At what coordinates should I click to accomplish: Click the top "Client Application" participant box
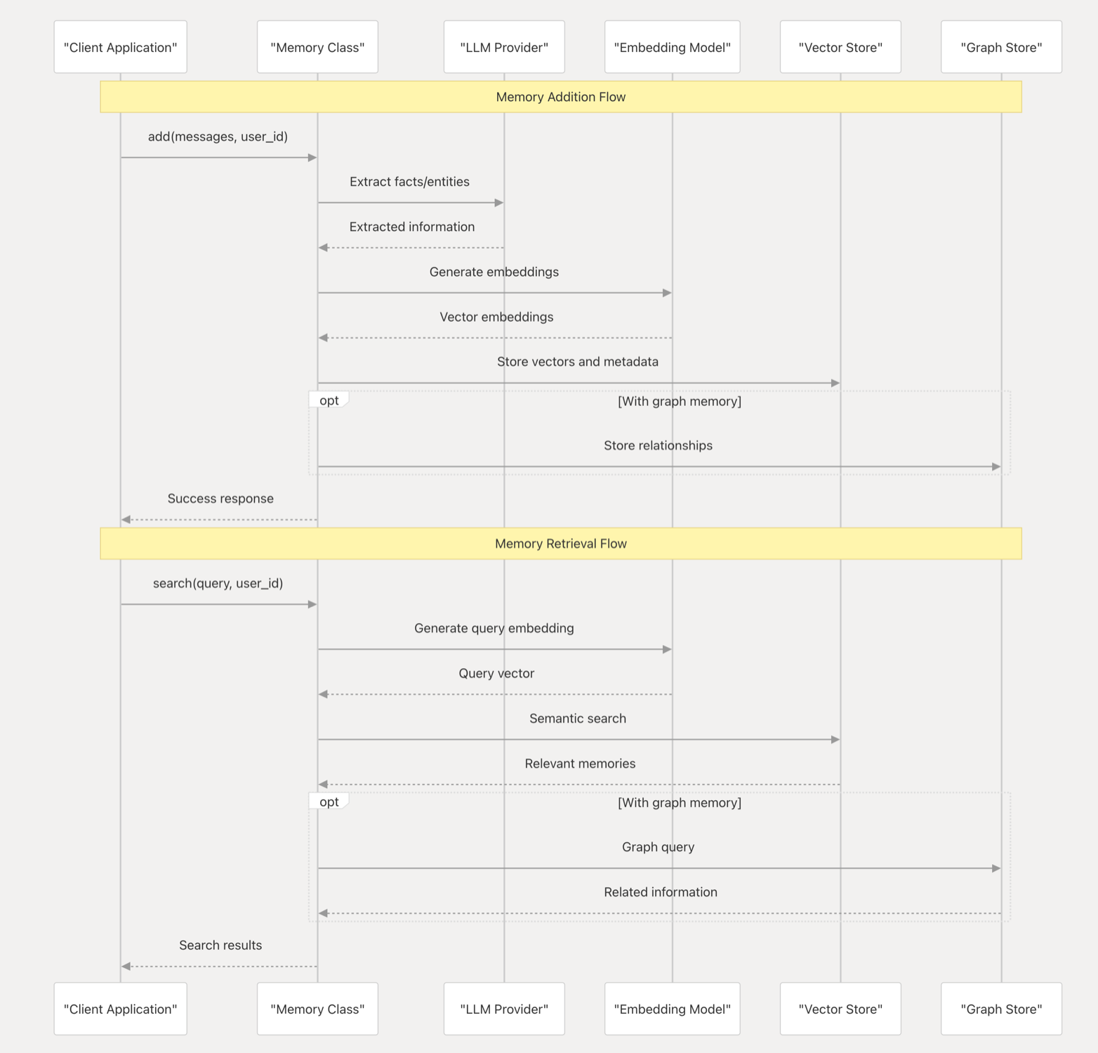[120, 47]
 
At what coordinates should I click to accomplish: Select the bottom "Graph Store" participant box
[1001, 1009]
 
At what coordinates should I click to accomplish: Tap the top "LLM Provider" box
[504, 47]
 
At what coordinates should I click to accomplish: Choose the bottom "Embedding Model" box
[672, 1009]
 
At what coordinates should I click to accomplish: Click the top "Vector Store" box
[840, 47]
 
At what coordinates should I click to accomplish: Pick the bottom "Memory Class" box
[317, 1009]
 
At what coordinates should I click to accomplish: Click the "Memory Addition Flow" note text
[561, 97]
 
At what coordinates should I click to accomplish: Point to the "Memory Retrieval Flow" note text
[561, 544]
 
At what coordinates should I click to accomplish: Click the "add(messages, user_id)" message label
[218, 136]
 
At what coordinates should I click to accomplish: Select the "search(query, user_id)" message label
[218, 583]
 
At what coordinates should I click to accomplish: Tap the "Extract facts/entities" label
[409, 181]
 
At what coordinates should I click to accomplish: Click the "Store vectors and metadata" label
[578, 362]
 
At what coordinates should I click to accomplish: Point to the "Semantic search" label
[578, 718]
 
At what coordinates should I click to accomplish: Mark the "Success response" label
[220, 499]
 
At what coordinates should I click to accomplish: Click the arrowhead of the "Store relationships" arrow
[996, 466]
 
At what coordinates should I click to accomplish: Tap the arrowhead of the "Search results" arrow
[126, 967]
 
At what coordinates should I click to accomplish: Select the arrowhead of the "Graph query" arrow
[996, 868]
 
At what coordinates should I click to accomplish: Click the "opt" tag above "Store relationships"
[329, 400]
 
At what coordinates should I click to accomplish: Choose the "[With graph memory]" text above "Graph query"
[680, 802]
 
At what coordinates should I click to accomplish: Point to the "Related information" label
[661, 892]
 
